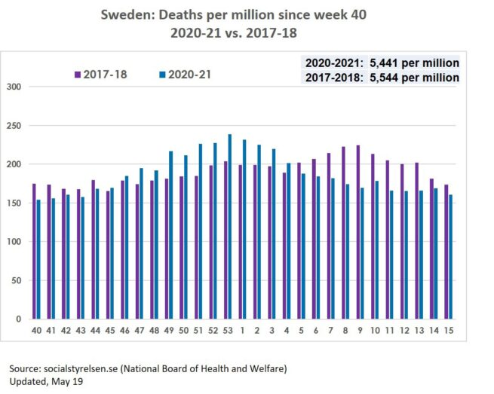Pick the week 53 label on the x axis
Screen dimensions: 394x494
click(227, 330)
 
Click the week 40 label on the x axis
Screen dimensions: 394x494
click(35, 330)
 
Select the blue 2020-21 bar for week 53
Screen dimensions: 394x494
click(230, 227)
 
